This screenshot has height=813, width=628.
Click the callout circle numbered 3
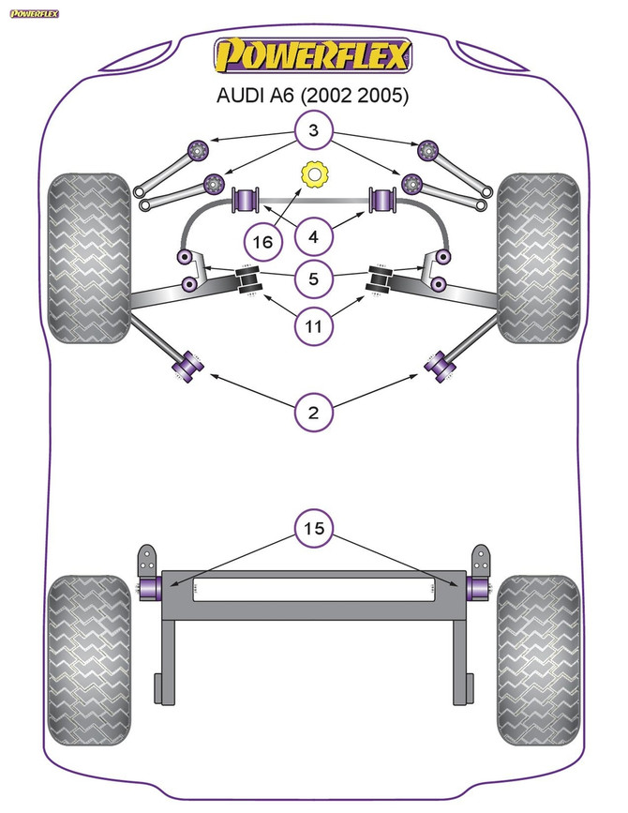click(313, 129)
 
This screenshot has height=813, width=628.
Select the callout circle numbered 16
click(262, 242)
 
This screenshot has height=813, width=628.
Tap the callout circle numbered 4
click(313, 237)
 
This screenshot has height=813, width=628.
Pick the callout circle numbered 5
click(313, 279)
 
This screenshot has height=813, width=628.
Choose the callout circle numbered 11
click(313, 326)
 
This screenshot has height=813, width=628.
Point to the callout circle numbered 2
click(313, 413)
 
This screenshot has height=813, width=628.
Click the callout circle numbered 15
click(313, 528)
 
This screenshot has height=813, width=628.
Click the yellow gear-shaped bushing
click(313, 174)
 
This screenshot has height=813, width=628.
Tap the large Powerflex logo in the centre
click(313, 55)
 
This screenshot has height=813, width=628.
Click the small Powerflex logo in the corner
click(35, 13)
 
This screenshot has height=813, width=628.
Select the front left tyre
click(89, 258)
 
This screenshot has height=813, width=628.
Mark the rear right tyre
click(538, 660)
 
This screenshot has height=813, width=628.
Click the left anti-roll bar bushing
click(247, 199)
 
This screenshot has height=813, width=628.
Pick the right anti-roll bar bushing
click(382, 199)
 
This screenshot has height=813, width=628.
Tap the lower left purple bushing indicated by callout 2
click(187, 367)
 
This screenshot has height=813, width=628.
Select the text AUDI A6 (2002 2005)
click(312, 96)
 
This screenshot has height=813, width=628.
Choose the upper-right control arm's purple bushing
click(428, 150)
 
